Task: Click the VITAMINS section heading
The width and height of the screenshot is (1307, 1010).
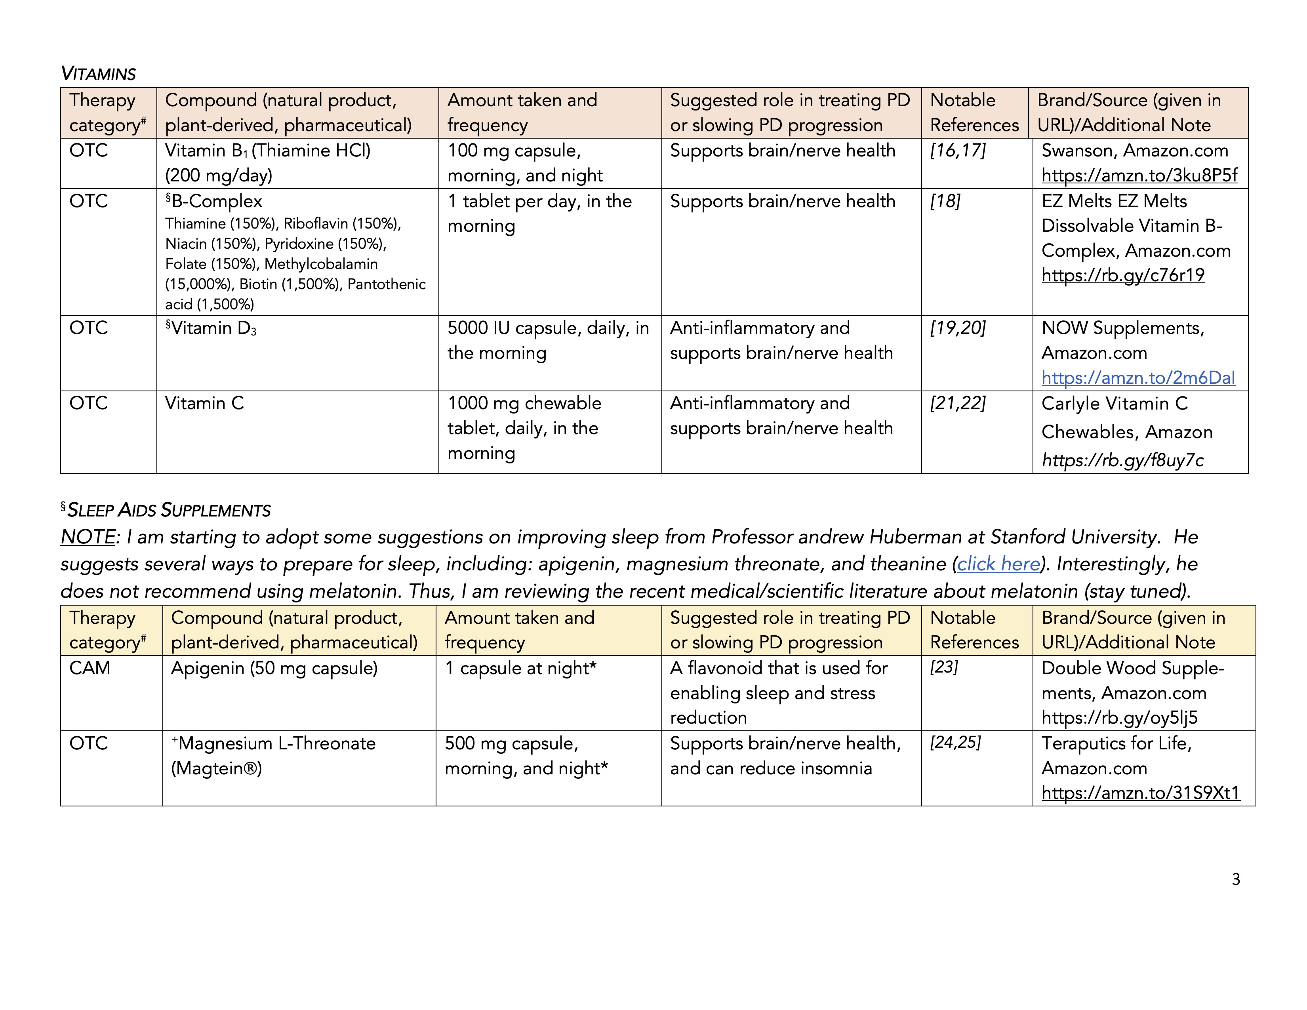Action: [98, 74]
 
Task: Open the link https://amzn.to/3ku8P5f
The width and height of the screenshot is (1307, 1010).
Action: [1139, 175]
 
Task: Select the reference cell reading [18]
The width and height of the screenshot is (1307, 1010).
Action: [945, 202]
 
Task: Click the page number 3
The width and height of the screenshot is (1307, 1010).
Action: [1236, 879]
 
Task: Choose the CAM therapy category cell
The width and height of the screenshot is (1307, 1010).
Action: [90, 668]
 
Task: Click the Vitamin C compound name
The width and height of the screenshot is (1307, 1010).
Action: [205, 403]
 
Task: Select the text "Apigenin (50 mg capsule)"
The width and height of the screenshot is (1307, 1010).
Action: [274, 668]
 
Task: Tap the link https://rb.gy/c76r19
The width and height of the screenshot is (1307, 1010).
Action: [1123, 275]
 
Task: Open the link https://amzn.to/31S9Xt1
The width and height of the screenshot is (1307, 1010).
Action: [1140, 793]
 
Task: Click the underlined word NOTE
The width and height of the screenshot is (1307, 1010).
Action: [88, 537]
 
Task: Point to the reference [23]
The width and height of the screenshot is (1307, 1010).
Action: [944, 667]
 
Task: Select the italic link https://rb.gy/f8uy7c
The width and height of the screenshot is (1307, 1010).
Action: [1123, 460]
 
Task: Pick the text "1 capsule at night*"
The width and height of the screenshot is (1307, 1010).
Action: [521, 668]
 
